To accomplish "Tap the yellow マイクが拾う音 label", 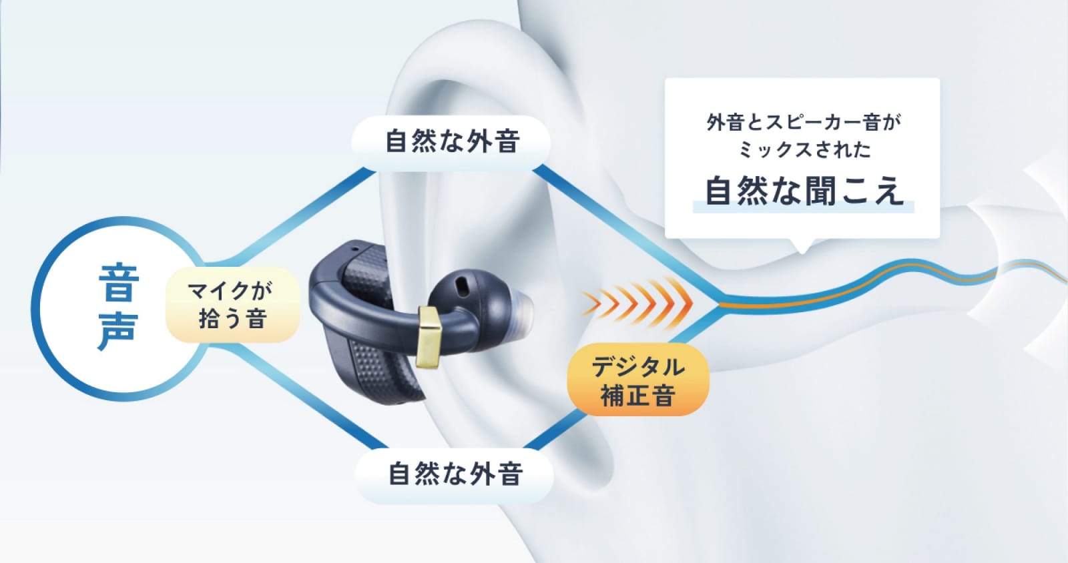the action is pos(233,305).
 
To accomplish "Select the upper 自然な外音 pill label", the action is pos(451,141).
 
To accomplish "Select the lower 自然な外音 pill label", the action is pos(455,474).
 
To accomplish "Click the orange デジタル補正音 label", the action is pos(638,380).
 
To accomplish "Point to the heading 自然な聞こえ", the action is pos(804,191).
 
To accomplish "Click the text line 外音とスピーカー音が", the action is pos(804,123).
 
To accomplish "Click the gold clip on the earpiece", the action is pos(428,337).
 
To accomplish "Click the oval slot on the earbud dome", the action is pos(461,285).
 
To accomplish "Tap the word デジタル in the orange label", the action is pos(638,366).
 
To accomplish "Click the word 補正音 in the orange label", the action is pos(638,396).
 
